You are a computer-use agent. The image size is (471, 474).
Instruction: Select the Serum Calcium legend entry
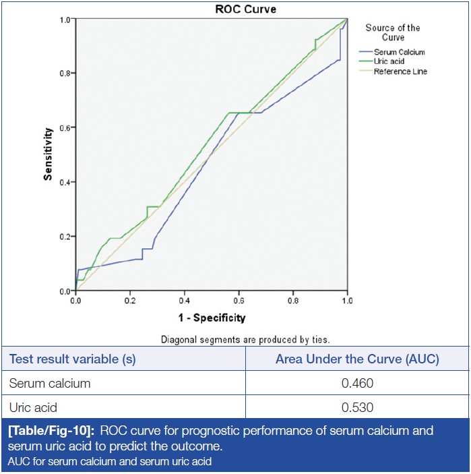tap(400, 52)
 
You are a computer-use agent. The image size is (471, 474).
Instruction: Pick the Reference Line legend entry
tap(400, 71)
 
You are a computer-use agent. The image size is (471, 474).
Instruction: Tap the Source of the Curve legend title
tap(393, 32)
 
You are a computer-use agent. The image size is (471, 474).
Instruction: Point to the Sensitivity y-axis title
tap(48, 155)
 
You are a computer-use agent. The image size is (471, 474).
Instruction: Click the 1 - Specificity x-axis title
tap(212, 318)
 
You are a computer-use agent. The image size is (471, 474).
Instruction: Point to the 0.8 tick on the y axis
tap(65, 73)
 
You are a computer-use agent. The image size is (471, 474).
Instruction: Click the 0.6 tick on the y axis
tap(65, 127)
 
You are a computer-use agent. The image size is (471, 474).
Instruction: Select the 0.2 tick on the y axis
tap(65, 237)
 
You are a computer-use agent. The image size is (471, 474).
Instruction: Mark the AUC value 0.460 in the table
tap(357, 384)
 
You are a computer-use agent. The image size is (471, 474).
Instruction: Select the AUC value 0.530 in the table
tap(357, 407)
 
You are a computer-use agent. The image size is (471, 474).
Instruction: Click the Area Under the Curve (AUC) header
tap(357, 359)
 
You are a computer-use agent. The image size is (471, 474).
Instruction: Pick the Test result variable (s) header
tap(72, 359)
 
